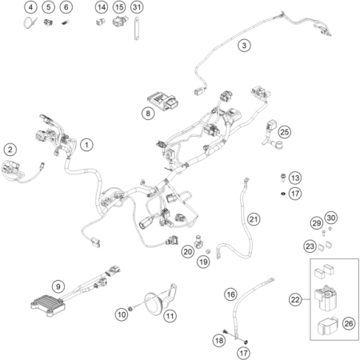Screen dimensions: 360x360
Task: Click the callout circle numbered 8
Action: (148, 114)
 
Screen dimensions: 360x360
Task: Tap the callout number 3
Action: (244, 46)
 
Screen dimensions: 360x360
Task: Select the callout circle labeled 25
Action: (285, 132)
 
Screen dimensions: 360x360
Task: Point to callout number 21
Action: (254, 219)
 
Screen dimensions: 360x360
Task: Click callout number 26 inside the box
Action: (349, 323)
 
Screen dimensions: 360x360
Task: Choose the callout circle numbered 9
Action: (58, 286)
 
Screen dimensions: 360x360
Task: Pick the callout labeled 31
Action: (137, 7)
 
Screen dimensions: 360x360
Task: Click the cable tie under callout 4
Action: (30, 22)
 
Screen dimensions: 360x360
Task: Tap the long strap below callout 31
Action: (137, 29)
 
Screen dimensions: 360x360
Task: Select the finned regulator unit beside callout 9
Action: (48, 305)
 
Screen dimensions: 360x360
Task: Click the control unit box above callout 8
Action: (163, 102)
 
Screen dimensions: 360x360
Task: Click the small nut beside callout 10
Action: (130, 309)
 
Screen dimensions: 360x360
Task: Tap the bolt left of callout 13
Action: (283, 178)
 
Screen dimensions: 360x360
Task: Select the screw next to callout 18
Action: (226, 331)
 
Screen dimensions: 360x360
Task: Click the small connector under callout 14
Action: (101, 22)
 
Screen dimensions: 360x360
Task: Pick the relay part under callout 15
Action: (119, 21)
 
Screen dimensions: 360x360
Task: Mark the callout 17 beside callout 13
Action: (295, 194)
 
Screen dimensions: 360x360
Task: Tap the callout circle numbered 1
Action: (86, 145)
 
